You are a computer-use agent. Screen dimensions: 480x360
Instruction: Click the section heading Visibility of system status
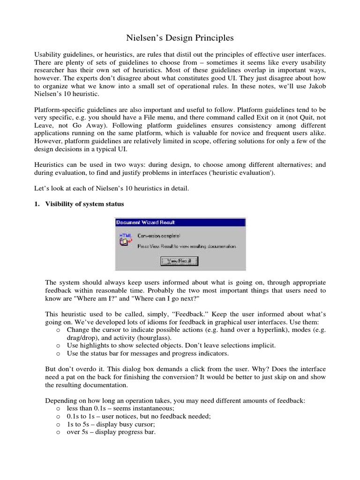tap(84, 204)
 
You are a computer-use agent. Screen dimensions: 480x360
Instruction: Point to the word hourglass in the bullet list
tap(146, 337)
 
